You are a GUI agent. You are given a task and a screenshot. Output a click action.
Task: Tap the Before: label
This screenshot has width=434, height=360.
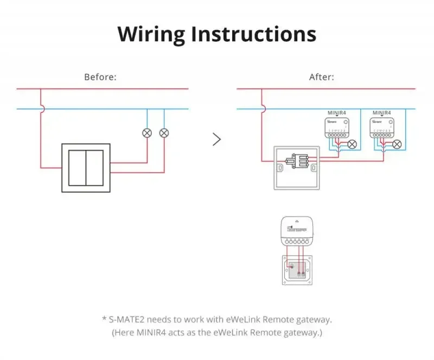[x=100, y=77]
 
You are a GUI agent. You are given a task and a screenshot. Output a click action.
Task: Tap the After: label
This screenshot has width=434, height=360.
[x=322, y=77]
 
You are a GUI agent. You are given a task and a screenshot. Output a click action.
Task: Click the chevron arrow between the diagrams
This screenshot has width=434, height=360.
[x=217, y=140]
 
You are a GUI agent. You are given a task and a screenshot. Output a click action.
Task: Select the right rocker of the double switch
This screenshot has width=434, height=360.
[x=95, y=168]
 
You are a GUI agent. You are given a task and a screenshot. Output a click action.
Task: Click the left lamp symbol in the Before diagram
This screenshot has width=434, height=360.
[x=146, y=132]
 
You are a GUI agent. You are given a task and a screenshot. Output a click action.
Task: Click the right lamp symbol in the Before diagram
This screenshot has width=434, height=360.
[x=164, y=132]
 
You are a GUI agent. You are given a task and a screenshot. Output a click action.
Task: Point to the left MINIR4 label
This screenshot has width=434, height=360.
[x=337, y=112]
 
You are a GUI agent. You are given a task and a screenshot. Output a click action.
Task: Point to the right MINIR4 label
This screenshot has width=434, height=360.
[x=382, y=112]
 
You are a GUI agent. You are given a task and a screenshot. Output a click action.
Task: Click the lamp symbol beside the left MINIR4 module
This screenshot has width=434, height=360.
[x=353, y=144]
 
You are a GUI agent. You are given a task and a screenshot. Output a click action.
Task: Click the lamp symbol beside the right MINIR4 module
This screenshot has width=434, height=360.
[x=397, y=144]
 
